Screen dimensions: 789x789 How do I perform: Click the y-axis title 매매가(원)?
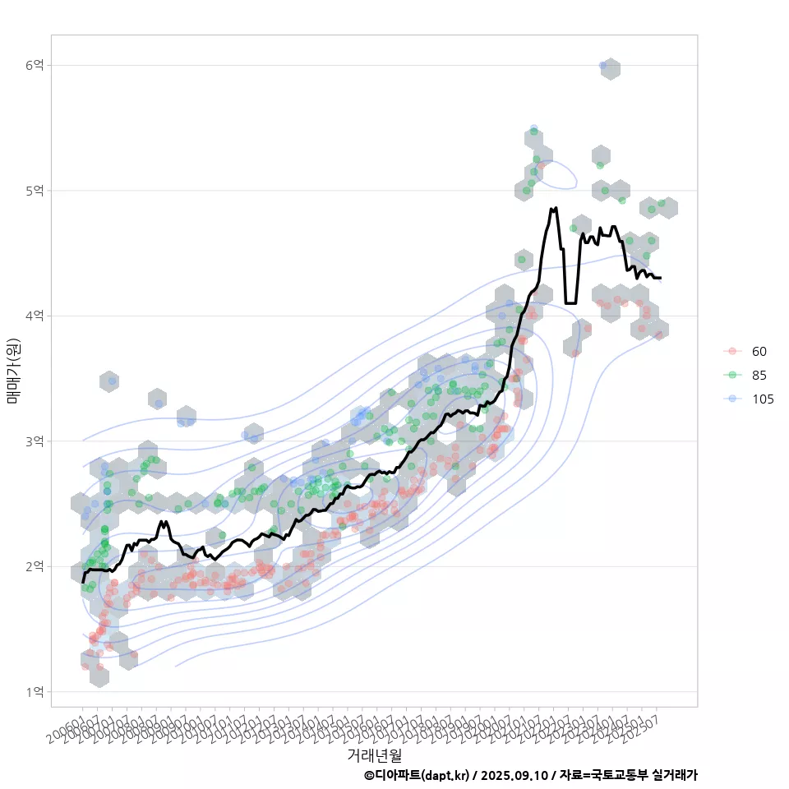click(13, 371)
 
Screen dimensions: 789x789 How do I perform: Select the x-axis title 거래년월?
click(374, 754)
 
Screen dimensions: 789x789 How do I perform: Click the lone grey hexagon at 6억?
click(610, 69)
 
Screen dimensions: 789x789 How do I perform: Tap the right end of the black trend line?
click(660, 279)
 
